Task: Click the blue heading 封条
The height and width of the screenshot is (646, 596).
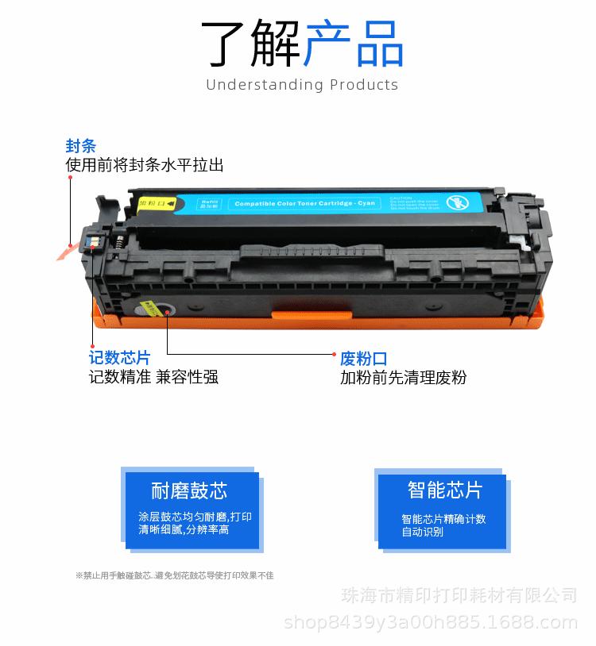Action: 80,146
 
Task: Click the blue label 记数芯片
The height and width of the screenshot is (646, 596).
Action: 119,358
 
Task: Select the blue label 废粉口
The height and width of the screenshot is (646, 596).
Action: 364,358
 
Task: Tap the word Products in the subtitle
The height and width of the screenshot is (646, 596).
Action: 364,85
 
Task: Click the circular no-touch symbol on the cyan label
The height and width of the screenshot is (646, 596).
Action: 456,202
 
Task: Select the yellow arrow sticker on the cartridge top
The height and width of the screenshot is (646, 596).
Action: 156,204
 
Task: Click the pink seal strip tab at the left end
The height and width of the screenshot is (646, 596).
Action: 67,251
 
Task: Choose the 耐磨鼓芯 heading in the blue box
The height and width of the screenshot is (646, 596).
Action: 189,490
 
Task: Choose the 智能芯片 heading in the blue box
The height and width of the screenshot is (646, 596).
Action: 444,490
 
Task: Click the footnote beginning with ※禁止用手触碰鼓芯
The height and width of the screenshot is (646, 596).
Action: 174,575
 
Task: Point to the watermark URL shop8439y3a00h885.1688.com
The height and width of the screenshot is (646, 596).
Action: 430,621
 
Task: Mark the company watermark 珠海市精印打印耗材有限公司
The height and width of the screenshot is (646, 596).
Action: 459,595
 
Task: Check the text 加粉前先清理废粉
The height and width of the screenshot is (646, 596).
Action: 403,378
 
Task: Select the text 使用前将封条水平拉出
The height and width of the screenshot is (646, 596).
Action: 144,165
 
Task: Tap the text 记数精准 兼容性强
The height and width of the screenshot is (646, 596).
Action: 153,377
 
